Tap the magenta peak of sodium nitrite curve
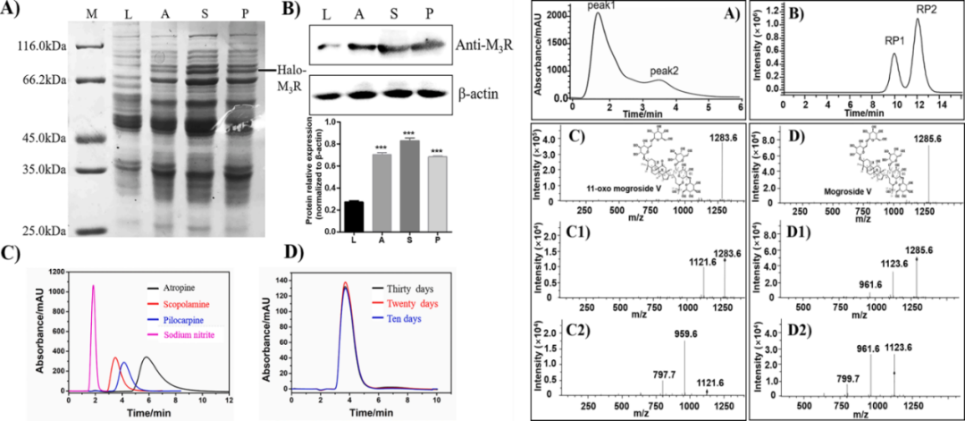pyautogui.click(x=93, y=288)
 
